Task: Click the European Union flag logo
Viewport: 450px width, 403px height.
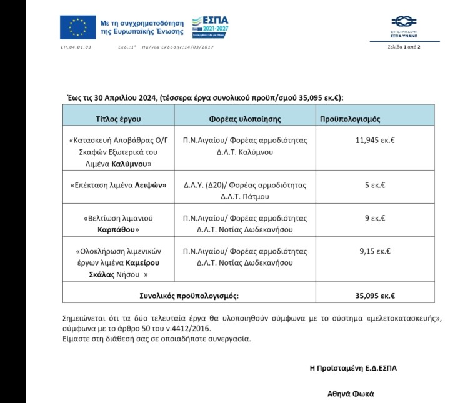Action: [x=78, y=27]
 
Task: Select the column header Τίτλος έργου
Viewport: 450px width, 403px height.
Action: [x=118, y=118]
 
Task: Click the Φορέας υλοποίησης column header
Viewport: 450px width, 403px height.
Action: [x=244, y=118]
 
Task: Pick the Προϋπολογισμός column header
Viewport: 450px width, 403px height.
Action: [x=350, y=118]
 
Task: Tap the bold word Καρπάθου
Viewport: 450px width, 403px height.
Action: [x=118, y=230]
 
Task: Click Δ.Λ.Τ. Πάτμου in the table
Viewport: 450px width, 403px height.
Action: [x=244, y=197]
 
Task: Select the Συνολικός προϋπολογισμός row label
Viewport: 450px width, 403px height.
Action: [x=188, y=296]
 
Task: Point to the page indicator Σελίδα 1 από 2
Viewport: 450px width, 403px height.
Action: [x=404, y=47]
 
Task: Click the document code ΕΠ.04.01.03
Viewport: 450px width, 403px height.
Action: [x=76, y=47]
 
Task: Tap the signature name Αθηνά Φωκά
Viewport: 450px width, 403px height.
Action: [x=350, y=394]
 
